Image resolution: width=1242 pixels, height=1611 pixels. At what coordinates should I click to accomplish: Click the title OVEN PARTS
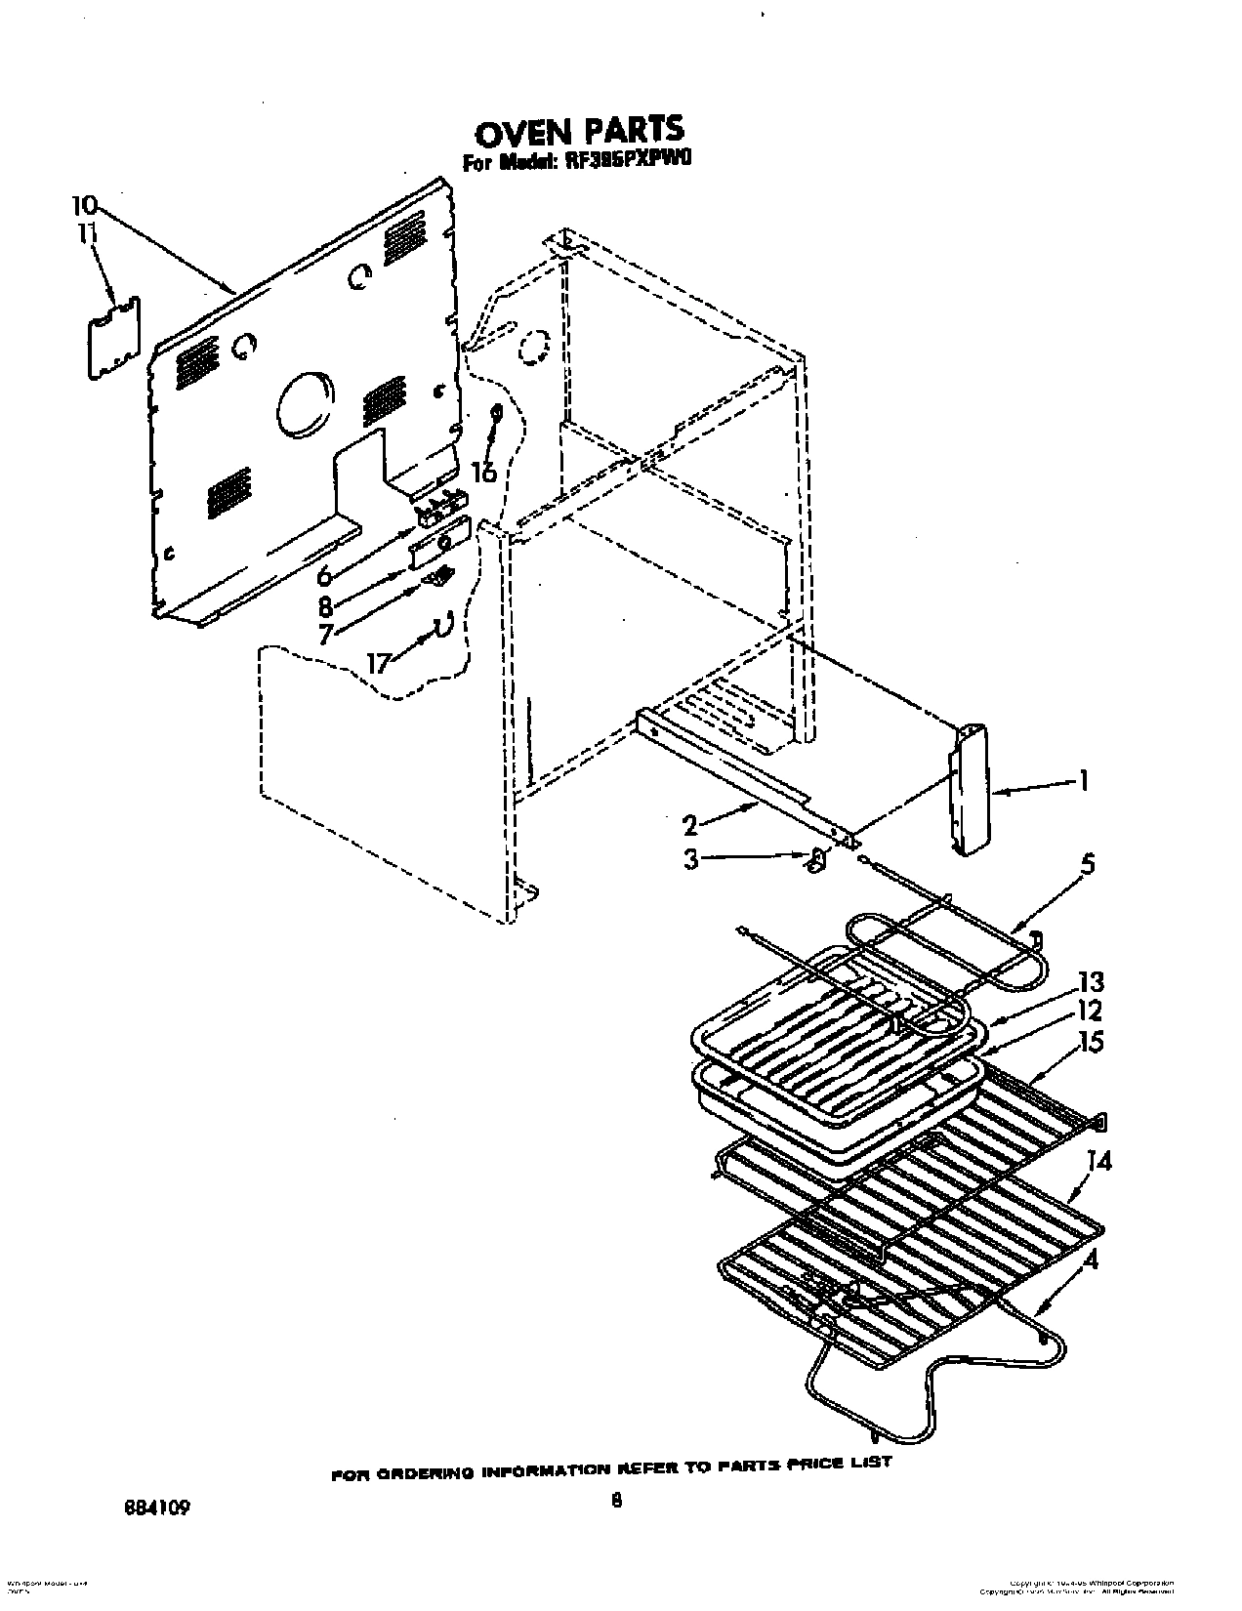579,130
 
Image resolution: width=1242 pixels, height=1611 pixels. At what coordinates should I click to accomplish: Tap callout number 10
85,205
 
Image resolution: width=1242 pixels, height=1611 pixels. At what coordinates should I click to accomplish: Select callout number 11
88,234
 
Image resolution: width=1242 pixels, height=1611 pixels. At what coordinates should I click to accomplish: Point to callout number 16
483,473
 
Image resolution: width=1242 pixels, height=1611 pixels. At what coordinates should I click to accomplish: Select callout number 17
378,662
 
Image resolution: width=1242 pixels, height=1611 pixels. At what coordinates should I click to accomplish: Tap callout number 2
690,826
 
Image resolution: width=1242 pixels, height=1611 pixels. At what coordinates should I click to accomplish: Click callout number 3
690,863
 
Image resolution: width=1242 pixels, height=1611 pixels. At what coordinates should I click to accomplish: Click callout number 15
1091,1042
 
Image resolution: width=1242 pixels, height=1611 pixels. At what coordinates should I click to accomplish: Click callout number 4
1091,1261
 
